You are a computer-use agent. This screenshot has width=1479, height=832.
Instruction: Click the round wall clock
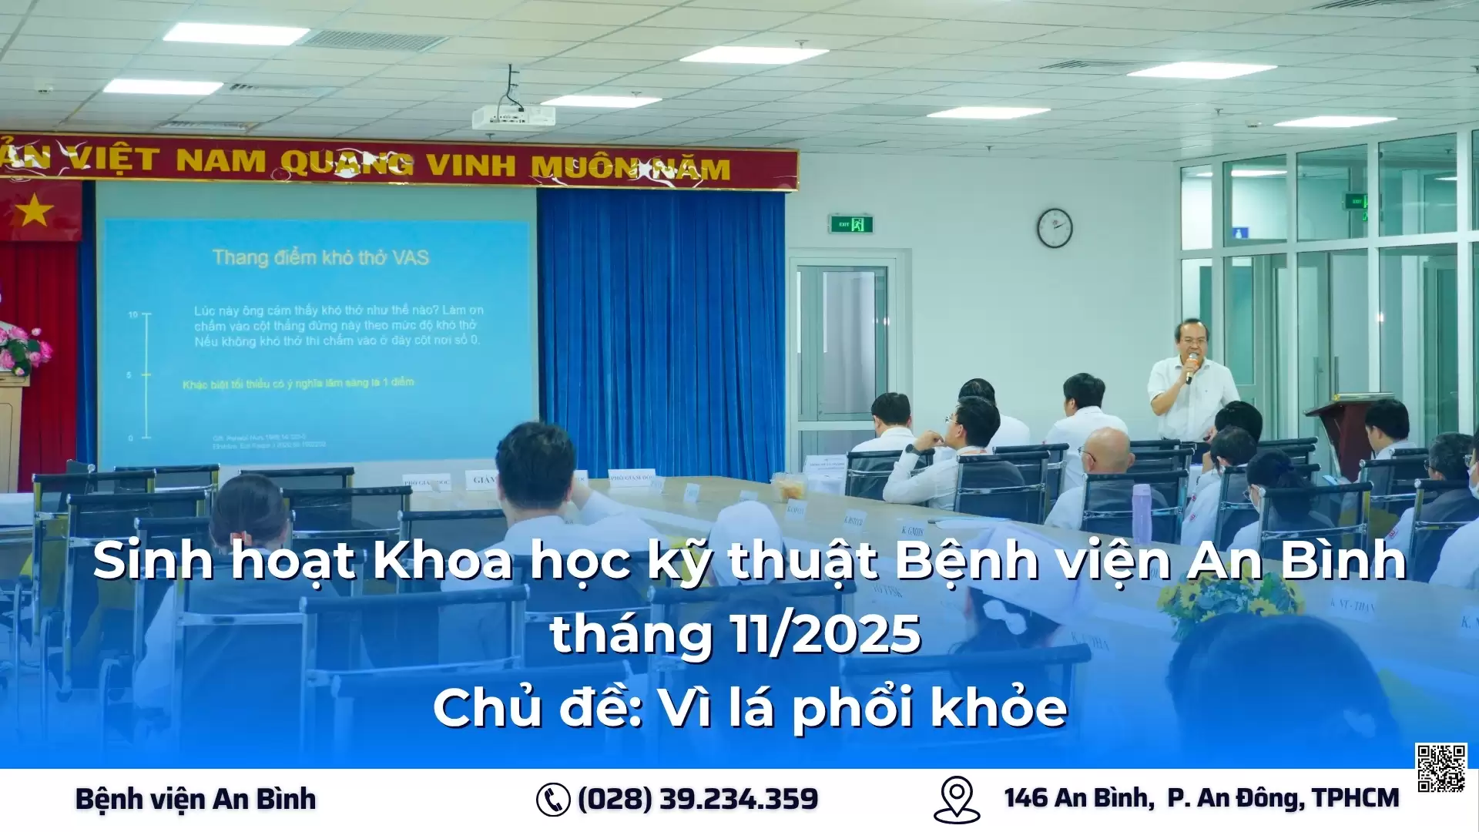point(1054,228)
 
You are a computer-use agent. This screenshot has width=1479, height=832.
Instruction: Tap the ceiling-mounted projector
point(513,116)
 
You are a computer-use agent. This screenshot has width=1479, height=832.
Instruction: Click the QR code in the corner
point(1440,767)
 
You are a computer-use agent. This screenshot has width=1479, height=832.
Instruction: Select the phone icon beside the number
point(552,799)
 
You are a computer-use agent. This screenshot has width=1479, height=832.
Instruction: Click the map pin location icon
point(956,799)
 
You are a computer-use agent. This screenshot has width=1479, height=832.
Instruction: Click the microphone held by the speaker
point(1190,367)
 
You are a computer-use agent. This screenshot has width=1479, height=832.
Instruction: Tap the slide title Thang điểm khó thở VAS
point(320,257)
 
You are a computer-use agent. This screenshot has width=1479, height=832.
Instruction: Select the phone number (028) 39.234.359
point(698,799)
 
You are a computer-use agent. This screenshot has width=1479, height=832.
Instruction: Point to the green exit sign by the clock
point(850,225)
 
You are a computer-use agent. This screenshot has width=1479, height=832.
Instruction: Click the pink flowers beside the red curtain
point(23,348)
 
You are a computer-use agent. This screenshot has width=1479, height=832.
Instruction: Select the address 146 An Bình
point(1078,798)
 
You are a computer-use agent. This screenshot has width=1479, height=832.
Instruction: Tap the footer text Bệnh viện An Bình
point(196,799)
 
